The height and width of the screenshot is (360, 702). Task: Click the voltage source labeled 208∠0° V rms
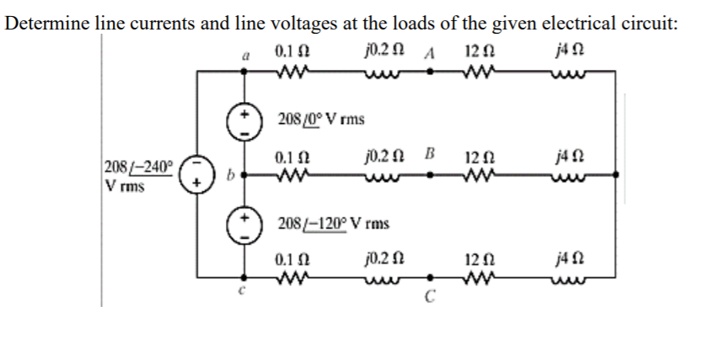245,120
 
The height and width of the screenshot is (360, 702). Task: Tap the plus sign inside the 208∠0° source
245,112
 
